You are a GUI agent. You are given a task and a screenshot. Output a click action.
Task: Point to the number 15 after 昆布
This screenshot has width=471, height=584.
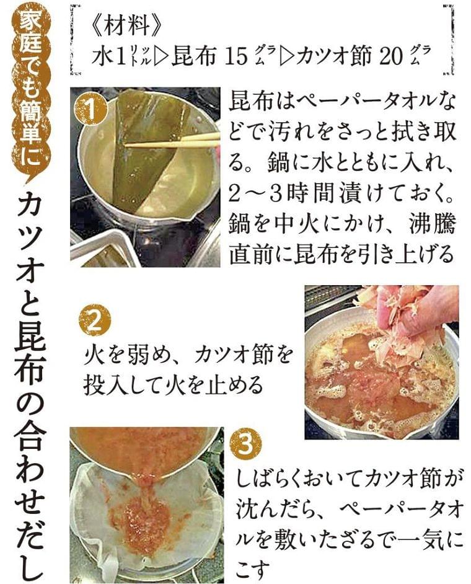tap(236, 56)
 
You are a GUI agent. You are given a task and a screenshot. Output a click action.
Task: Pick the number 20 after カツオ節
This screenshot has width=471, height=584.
tap(392, 56)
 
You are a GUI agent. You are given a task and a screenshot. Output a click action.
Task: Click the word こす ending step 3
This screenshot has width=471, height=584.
tap(252, 569)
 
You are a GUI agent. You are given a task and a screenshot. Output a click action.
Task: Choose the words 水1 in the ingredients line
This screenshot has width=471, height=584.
tap(108, 56)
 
